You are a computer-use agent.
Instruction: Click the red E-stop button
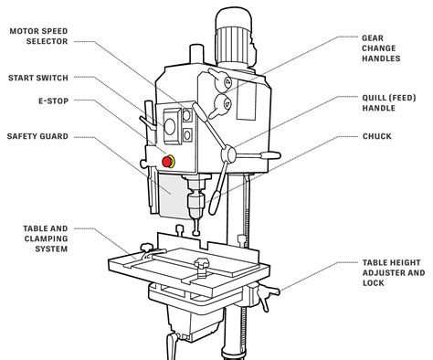(167, 162)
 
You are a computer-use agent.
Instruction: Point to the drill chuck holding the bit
(195, 199)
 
